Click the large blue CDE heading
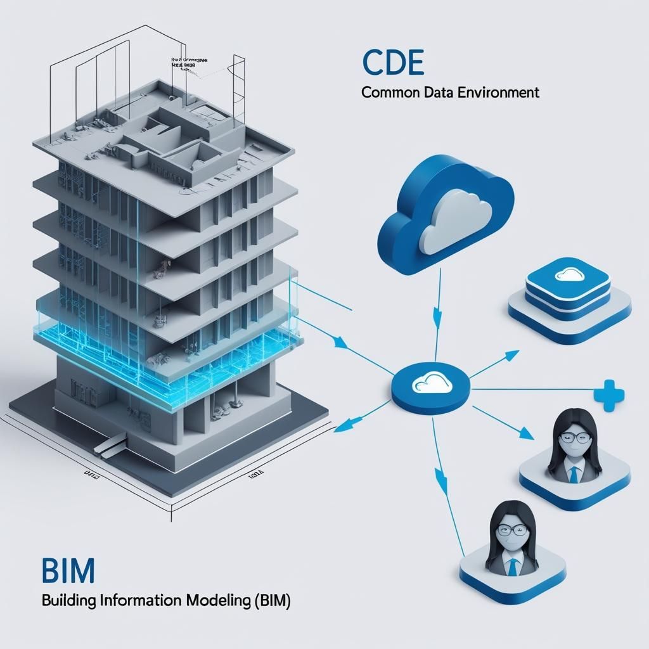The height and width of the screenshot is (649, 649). click(392, 63)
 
